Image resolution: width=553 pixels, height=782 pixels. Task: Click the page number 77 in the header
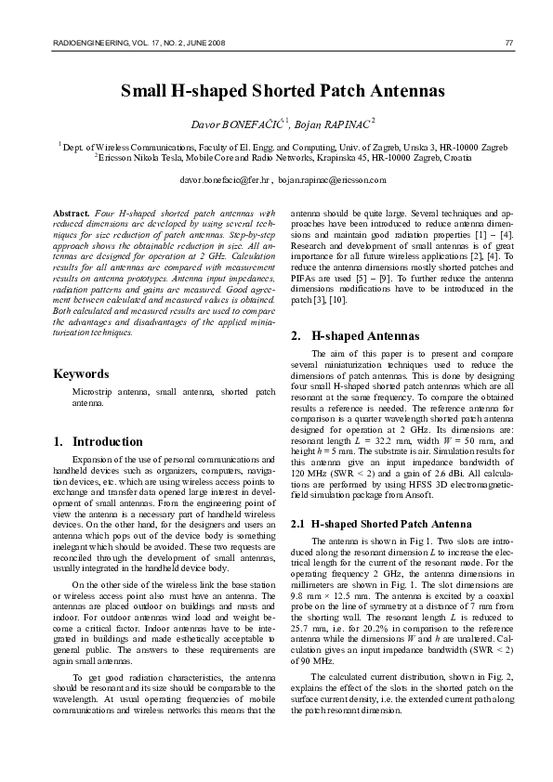pyautogui.click(x=508, y=43)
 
